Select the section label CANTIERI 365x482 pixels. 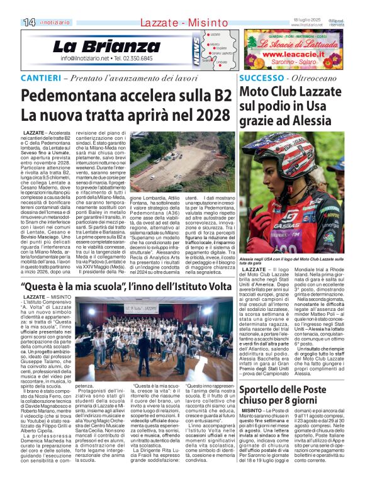click(x=42, y=77)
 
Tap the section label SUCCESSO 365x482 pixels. click(x=261, y=77)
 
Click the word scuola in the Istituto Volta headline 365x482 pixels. click(x=91, y=286)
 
